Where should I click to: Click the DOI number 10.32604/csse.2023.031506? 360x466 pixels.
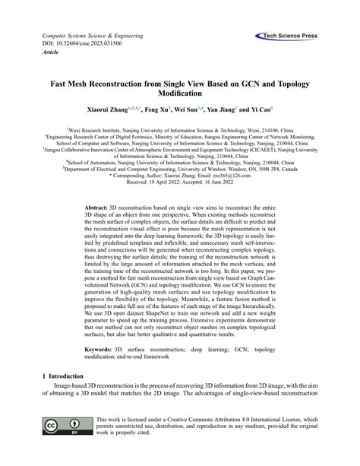pyautogui.click(x=91, y=45)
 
